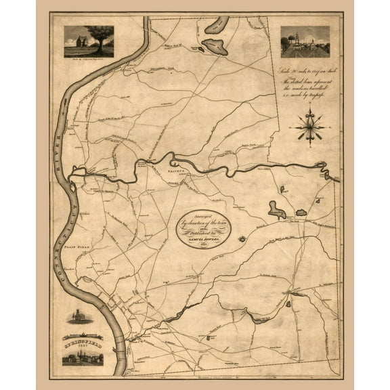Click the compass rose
tap(309, 126)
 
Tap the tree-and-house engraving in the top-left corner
tap(89, 41)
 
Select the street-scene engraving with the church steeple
tap(305, 41)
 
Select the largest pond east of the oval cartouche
tap(276, 210)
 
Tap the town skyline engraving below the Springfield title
tap(83, 355)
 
